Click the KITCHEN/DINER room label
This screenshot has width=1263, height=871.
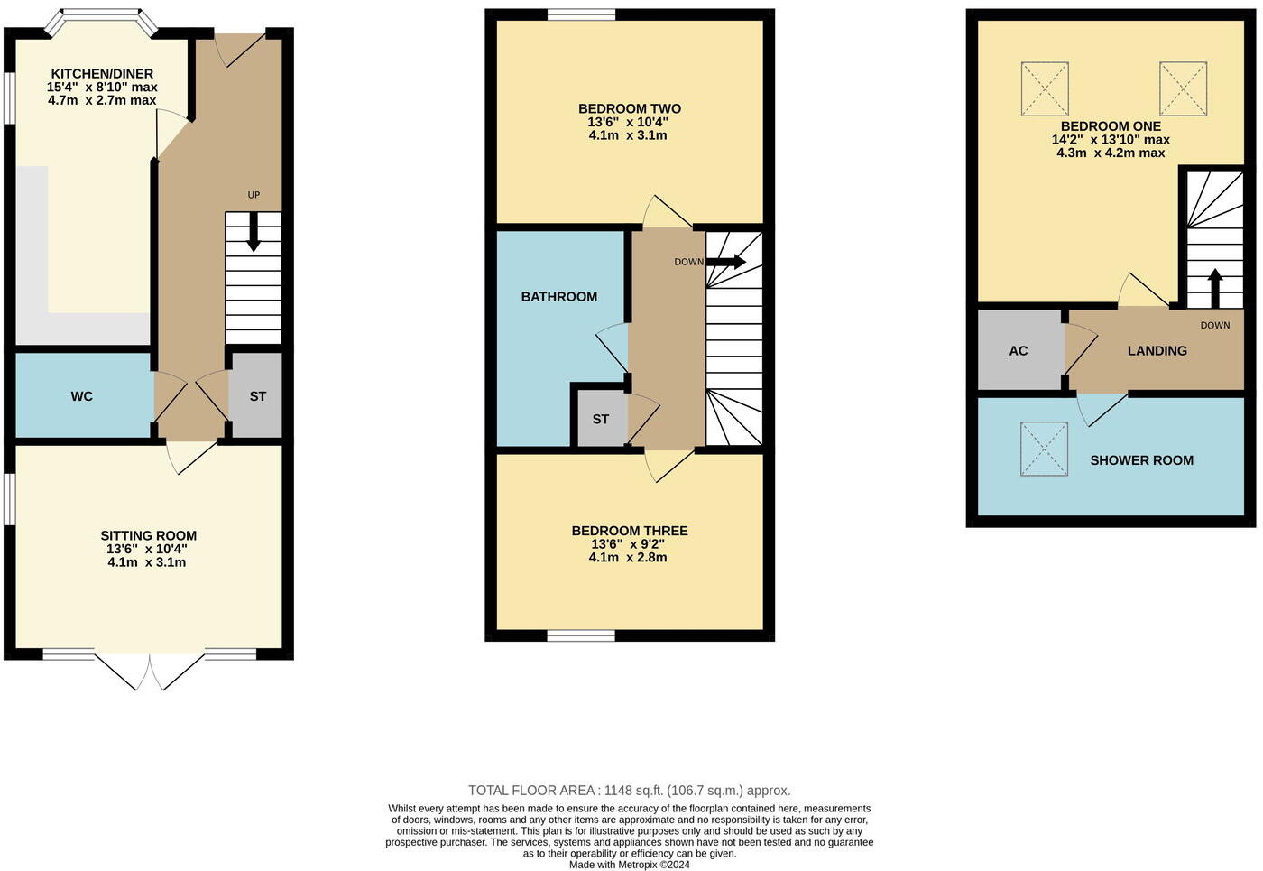pyautogui.click(x=102, y=74)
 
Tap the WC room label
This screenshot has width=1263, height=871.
pyautogui.click(x=82, y=396)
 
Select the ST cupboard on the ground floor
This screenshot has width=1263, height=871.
pyautogui.click(x=257, y=396)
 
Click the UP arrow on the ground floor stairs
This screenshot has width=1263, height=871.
pyautogui.click(x=254, y=230)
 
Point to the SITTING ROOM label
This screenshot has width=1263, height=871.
pyautogui.click(x=148, y=535)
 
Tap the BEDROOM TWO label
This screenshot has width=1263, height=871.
pyautogui.click(x=629, y=108)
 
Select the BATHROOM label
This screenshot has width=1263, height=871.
pyautogui.click(x=558, y=296)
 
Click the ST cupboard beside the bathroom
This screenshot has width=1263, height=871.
pyautogui.click(x=601, y=419)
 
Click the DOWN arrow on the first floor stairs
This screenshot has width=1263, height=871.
pyautogui.click(x=726, y=262)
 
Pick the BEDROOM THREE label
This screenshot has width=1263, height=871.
pyautogui.click(x=629, y=531)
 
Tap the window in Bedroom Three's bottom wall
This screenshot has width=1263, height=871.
pyautogui.click(x=581, y=635)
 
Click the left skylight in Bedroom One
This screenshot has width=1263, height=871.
pyautogui.click(x=1045, y=88)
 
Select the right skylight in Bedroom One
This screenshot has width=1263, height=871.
pyautogui.click(x=1183, y=88)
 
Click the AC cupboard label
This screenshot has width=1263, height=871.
pyautogui.click(x=1018, y=351)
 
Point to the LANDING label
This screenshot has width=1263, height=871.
pyautogui.click(x=1157, y=351)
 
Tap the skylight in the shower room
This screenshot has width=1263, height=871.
pyautogui.click(x=1044, y=449)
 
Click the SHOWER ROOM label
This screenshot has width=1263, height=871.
pyautogui.click(x=1141, y=460)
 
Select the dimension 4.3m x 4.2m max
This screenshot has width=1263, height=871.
pyautogui.click(x=1111, y=153)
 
